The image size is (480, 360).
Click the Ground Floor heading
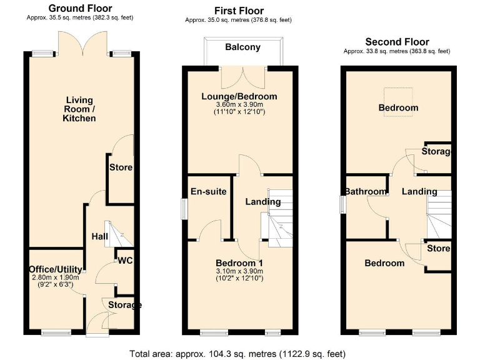click(x=80, y=8)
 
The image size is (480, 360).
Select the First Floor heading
click(x=239, y=11)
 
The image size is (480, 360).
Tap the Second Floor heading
click(x=397, y=42)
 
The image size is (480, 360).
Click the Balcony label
click(x=242, y=47)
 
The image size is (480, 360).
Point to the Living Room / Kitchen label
click(x=80, y=109)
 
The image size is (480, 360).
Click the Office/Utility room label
click(x=55, y=269)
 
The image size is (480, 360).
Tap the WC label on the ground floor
click(x=125, y=261)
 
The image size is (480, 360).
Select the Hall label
click(x=99, y=237)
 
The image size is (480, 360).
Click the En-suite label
click(x=209, y=191)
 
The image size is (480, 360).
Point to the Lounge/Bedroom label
click(x=239, y=96)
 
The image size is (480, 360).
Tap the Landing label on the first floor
click(x=262, y=201)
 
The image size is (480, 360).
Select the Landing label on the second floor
click(x=419, y=191)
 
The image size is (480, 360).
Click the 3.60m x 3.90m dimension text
click(x=239, y=104)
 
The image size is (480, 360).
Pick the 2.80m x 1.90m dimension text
click(x=55, y=277)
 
